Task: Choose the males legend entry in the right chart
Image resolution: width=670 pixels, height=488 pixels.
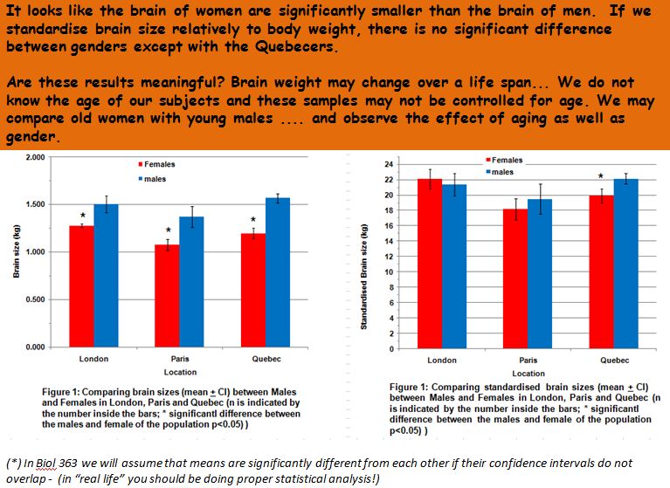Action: (x=501, y=172)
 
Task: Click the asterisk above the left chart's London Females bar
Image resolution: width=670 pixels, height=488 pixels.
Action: (x=82, y=216)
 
